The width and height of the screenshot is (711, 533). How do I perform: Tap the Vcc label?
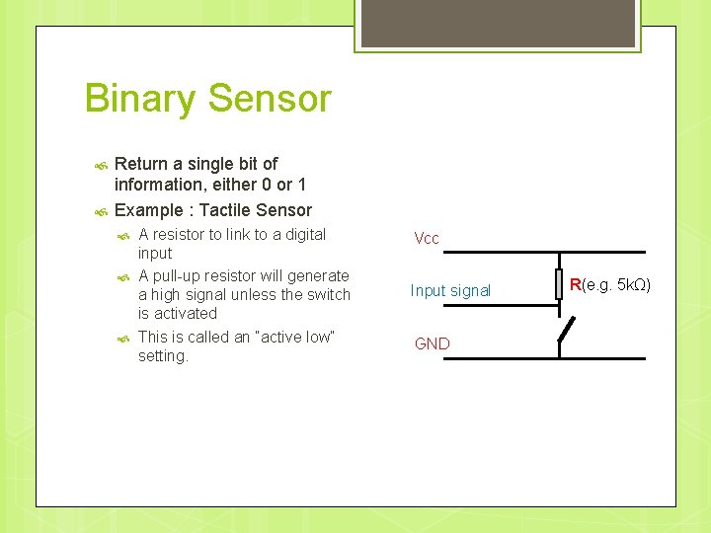[427, 239]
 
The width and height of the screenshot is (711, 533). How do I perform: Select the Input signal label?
[450, 290]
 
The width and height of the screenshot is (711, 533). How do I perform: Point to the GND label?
[432, 343]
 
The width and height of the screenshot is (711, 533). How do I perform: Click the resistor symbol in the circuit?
[558, 283]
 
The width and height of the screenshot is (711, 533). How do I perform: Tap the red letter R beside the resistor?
[575, 285]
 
